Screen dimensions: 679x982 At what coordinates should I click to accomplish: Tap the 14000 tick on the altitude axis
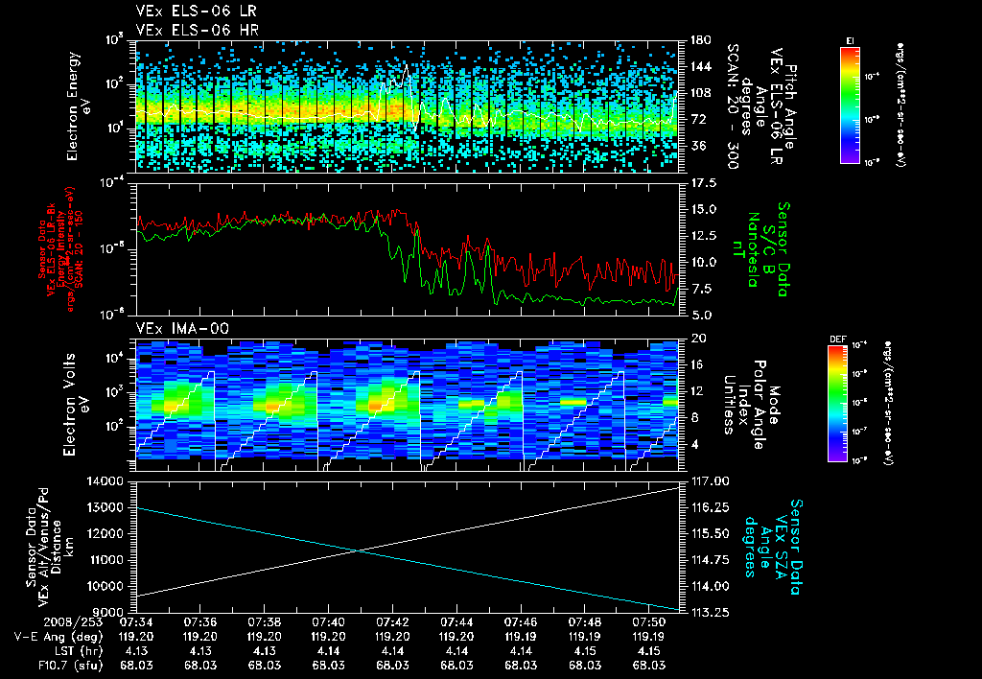107,480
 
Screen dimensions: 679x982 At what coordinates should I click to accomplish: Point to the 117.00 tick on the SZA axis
705,480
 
